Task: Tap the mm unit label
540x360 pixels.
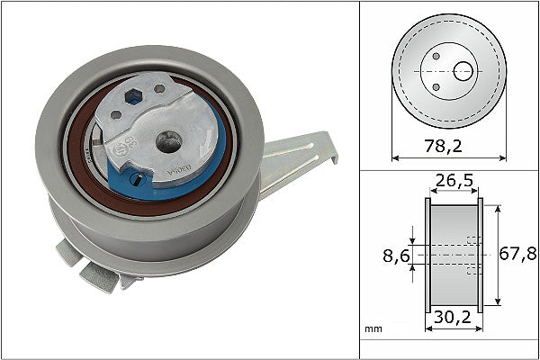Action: tap(372, 330)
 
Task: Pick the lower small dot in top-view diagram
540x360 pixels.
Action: tap(436, 86)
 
